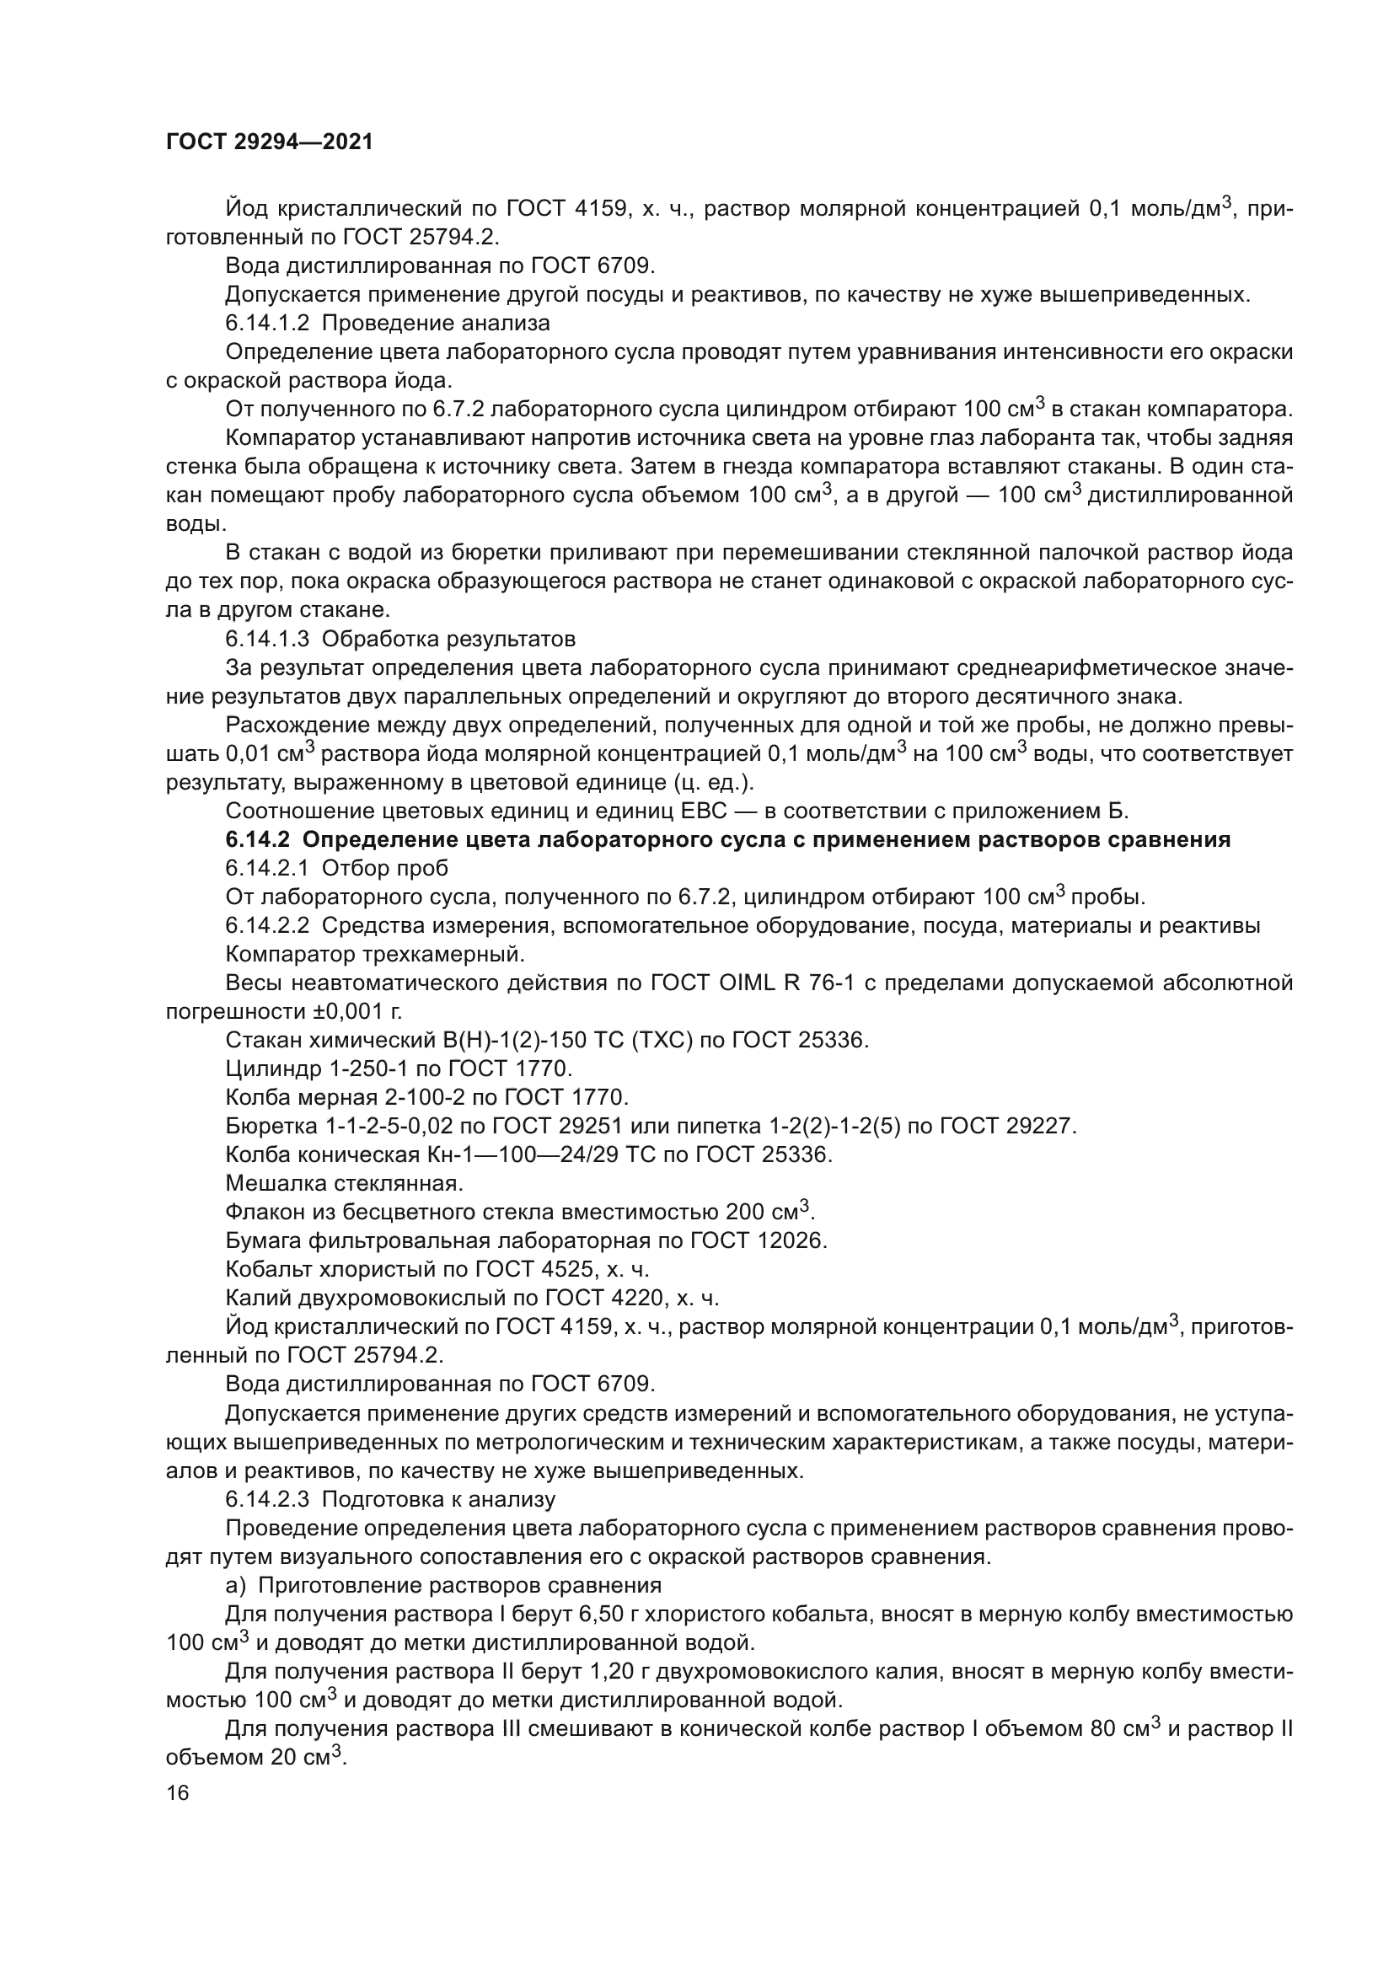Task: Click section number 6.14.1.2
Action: tap(266, 324)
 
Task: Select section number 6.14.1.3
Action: tap(266, 639)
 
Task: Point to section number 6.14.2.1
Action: tap(266, 868)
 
